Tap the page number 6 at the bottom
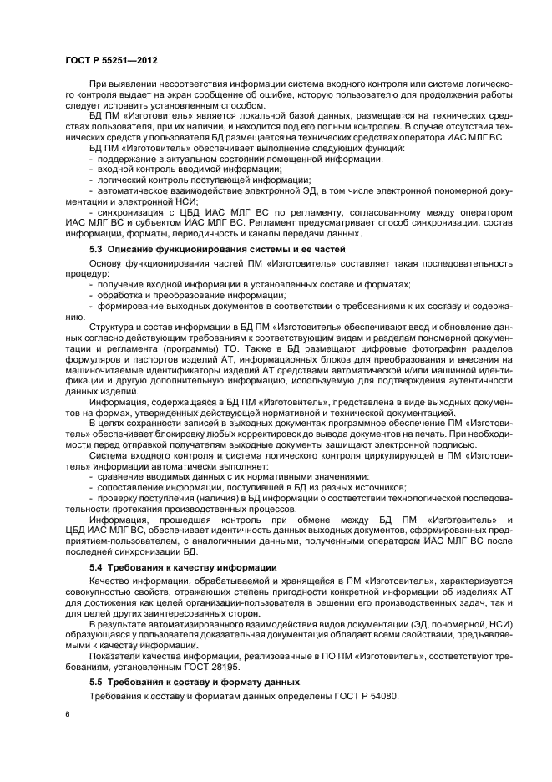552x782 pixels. tap(68, 714)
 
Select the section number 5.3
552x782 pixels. tap(97, 250)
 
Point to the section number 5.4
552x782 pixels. tap(97, 567)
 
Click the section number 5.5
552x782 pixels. tap(97, 683)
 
